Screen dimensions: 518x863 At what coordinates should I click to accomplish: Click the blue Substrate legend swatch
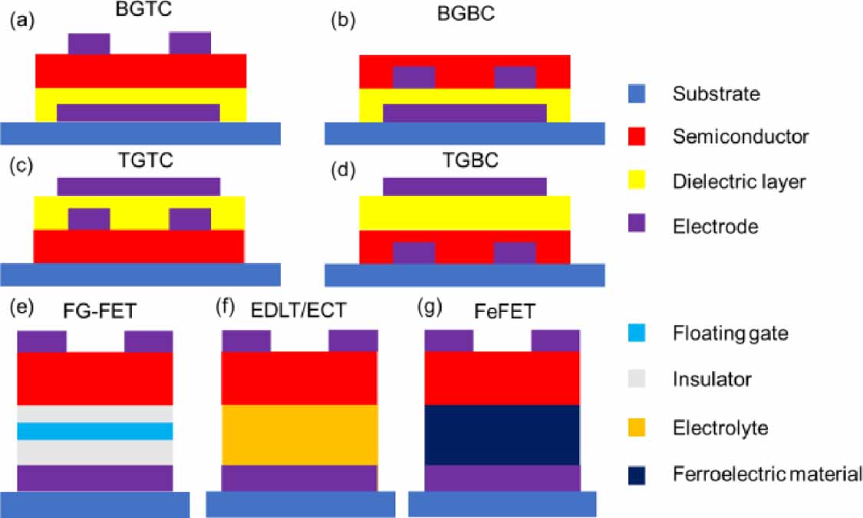(x=635, y=94)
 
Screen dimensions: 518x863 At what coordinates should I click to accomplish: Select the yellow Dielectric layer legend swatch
(x=635, y=181)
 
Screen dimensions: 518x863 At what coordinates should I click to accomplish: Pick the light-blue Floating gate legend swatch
(x=635, y=333)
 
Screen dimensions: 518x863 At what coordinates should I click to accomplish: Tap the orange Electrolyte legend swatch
(x=635, y=426)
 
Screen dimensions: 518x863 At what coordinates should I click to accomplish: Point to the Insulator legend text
(x=711, y=379)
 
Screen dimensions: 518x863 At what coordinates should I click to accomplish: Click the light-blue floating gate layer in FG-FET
(x=95, y=431)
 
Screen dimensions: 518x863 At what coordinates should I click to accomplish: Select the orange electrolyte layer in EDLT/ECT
(x=299, y=434)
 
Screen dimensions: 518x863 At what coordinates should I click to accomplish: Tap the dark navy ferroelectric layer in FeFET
(x=502, y=434)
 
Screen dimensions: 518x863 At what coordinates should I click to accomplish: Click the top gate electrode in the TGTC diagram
(x=139, y=186)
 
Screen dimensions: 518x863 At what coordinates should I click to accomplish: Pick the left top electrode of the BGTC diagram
(x=89, y=43)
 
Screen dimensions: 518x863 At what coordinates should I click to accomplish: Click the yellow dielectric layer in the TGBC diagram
(x=465, y=213)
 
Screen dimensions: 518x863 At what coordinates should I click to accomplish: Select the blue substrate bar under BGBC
(x=464, y=133)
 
